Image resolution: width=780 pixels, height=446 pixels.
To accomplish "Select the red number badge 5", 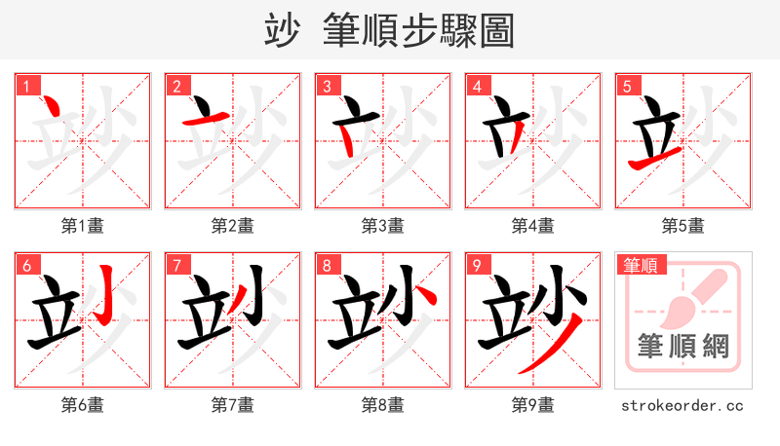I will [x=627, y=86].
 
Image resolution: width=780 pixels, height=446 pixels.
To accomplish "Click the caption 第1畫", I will [x=83, y=225].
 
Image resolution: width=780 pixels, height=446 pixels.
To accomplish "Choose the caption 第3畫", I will [x=383, y=225].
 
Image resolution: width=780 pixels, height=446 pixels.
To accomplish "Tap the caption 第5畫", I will [x=683, y=225].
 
